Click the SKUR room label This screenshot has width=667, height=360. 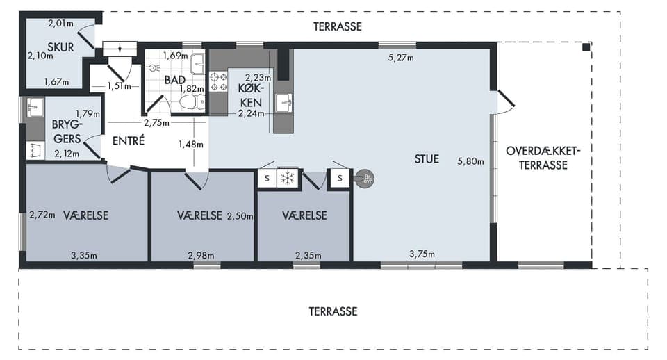point(60,47)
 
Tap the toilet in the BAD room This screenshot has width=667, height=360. point(192,102)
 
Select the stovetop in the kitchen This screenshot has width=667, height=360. point(218,82)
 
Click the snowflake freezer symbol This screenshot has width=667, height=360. point(288,178)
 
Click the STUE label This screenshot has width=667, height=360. point(427,159)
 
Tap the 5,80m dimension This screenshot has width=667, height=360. point(470,161)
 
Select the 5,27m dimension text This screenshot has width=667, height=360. point(401,58)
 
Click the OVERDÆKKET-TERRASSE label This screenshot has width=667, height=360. point(543,158)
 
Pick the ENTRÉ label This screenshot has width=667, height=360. point(129,140)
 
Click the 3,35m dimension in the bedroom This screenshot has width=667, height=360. point(84,256)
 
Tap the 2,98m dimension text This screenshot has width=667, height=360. point(201,256)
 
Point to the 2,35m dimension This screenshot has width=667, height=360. point(308,256)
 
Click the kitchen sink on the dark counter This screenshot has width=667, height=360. point(283,103)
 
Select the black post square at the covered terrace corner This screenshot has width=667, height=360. point(586,47)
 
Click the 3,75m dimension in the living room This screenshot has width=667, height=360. point(422,254)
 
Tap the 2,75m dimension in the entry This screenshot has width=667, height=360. point(156,123)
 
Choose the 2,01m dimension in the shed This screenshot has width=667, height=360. point(61,24)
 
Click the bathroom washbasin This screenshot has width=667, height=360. point(197,64)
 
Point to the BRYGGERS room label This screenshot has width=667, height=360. point(67,131)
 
